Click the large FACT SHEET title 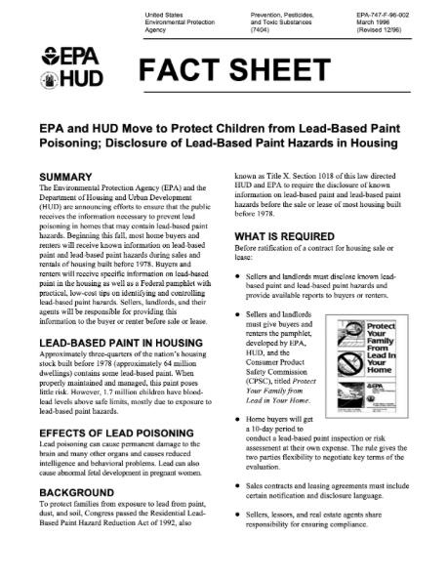233,70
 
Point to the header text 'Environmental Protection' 180,25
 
